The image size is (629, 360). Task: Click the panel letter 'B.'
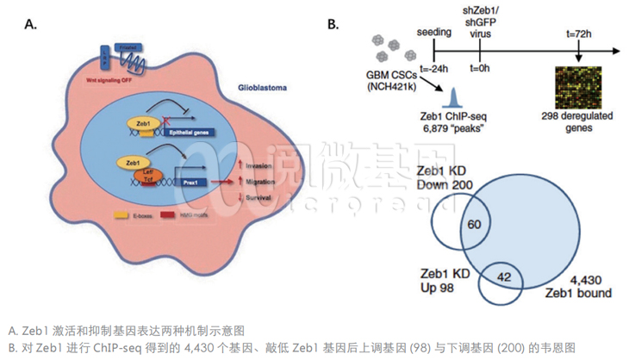click(333, 25)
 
